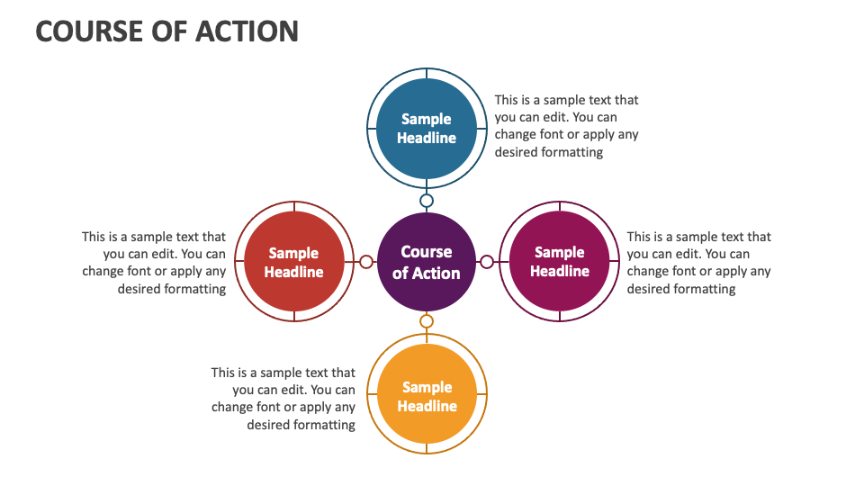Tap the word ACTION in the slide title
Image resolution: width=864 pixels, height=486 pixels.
pos(247,31)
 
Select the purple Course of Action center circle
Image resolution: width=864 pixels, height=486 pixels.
pos(427,262)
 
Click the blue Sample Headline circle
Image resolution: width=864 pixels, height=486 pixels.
pos(427,129)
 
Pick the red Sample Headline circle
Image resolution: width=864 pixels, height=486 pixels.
pos(293,261)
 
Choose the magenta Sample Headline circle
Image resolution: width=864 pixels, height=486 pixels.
pos(559,261)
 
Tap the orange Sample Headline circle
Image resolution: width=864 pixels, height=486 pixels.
pos(427,394)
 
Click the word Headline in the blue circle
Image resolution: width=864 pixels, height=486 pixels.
pos(427,138)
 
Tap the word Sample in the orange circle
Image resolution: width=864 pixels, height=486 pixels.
pos(427,387)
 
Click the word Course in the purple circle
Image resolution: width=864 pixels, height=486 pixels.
pos(427,252)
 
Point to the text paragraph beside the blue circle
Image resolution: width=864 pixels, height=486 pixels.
pos(566,126)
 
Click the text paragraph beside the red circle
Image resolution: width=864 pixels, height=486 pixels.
pos(154,262)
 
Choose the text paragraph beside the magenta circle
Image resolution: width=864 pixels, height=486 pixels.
pos(698,262)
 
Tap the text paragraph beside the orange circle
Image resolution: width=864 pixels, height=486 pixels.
pos(283,399)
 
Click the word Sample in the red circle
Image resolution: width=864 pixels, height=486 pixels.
pos(293,254)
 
